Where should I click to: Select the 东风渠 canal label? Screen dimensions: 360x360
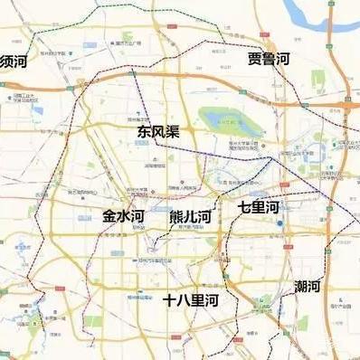point(158,131)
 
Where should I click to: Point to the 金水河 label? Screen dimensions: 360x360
point(123,217)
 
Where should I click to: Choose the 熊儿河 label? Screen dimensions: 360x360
point(190,217)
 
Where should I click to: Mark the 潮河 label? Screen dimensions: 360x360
point(308,287)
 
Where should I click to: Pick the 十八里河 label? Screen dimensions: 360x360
point(191,299)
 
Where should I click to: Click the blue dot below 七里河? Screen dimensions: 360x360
point(280,223)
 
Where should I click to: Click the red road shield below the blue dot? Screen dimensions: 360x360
point(281,237)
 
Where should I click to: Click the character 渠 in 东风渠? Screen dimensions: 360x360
point(172,131)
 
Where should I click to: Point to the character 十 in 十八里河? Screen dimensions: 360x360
point(170,299)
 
